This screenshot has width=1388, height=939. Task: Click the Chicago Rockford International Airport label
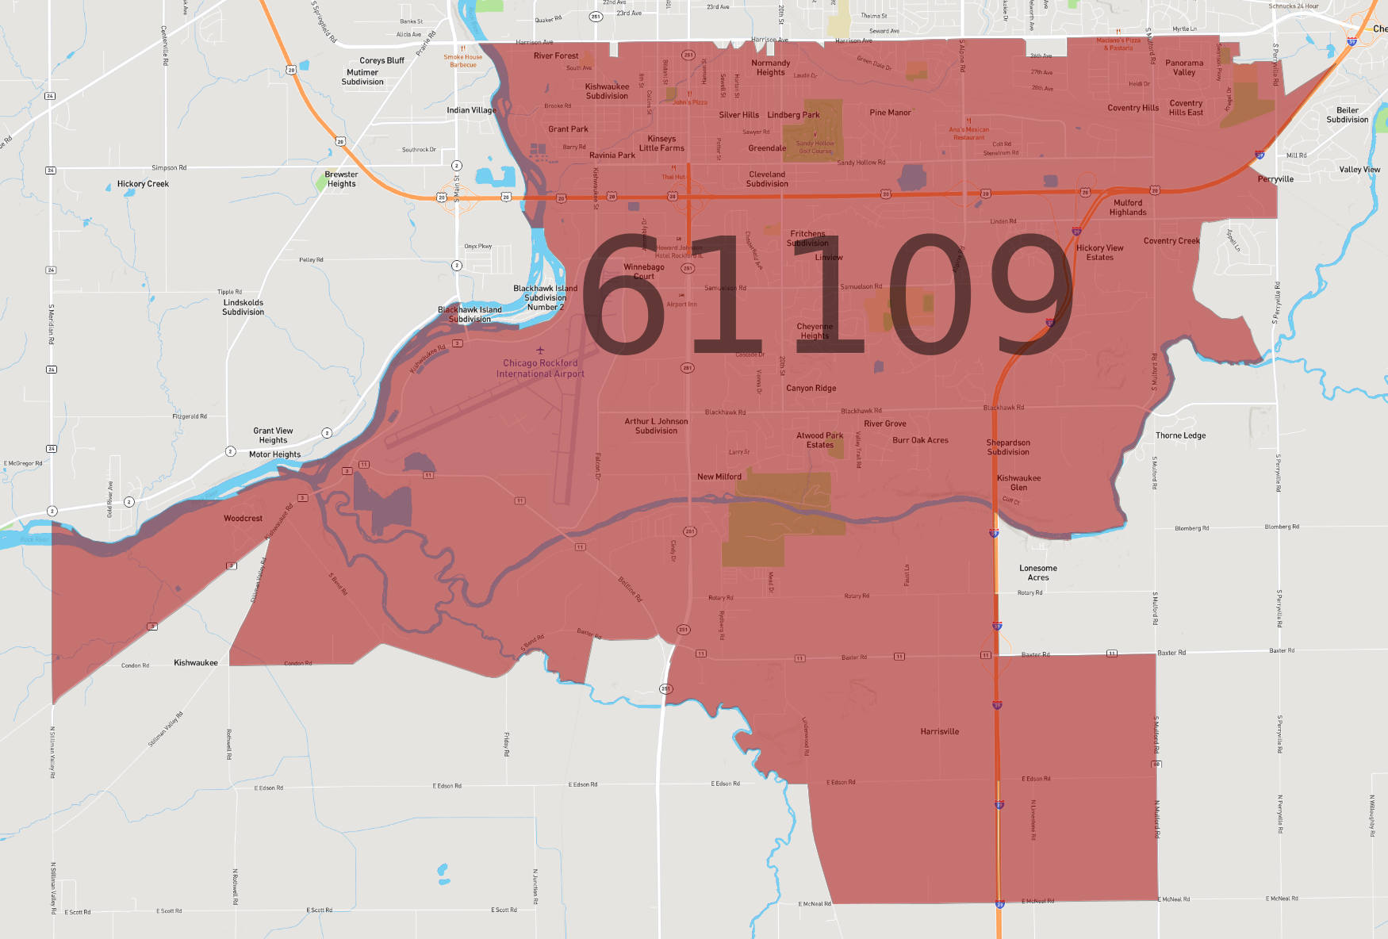click(540, 369)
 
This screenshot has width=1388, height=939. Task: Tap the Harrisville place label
click(939, 732)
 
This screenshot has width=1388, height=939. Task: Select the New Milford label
click(719, 477)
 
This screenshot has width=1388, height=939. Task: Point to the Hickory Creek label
click(143, 184)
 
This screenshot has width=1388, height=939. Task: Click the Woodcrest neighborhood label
click(243, 519)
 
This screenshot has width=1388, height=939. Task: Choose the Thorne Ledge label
click(1180, 435)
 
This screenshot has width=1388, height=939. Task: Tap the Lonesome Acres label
click(1037, 573)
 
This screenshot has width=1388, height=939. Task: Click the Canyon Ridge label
click(811, 389)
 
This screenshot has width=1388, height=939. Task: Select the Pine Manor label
click(890, 113)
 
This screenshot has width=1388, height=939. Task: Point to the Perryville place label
click(1275, 179)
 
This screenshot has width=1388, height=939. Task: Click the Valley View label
click(1359, 170)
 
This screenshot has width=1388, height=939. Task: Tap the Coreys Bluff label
click(382, 60)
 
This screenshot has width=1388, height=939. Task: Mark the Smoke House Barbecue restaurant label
click(462, 60)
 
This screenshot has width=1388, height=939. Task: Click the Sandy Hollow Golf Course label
click(815, 147)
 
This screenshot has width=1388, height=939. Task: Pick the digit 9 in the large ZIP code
click(1032, 295)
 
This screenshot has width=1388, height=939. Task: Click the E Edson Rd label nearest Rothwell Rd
click(268, 788)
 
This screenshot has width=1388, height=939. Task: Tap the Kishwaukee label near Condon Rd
click(195, 663)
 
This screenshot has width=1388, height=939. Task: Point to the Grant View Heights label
click(273, 435)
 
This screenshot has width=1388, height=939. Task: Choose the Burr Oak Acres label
click(920, 440)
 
